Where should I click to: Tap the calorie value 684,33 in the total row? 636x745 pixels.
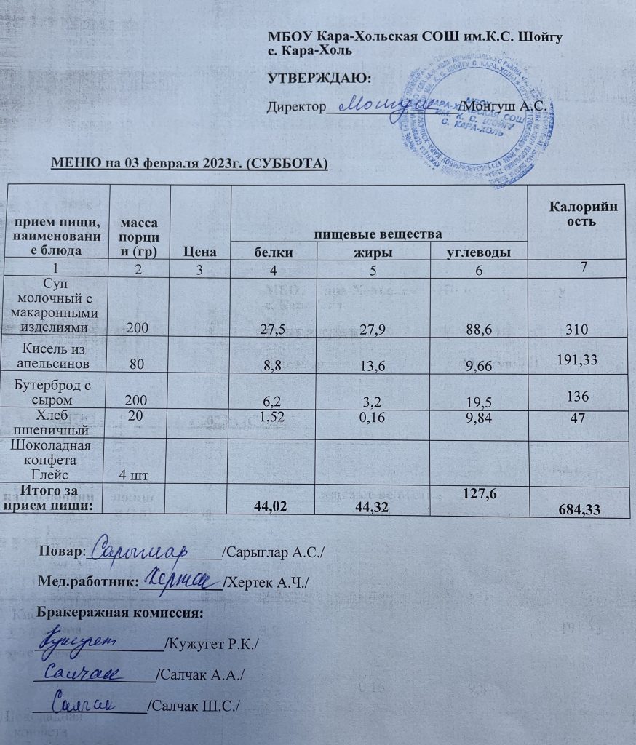[575, 509]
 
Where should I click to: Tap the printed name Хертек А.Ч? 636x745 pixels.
[268, 583]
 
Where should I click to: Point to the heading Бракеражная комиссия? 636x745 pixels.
[119, 613]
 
